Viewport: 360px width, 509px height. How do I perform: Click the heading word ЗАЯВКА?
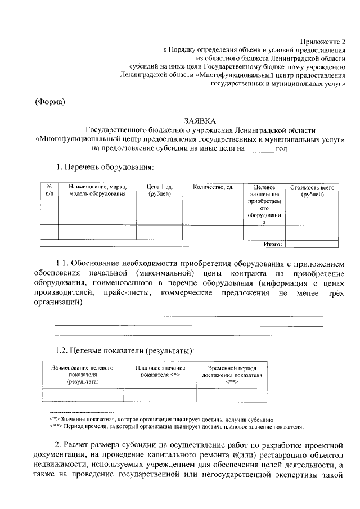click(200, 120)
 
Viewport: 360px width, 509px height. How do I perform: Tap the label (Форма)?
click(50, 102)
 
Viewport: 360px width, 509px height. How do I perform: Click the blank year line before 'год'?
click(260, 148)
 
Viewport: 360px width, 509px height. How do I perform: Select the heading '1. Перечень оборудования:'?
click(104, 168)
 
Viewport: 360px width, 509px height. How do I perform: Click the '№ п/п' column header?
click(49, 191)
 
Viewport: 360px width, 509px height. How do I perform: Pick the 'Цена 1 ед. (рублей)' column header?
click(159, 191)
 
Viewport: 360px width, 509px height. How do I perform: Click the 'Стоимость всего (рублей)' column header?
click(312, 191)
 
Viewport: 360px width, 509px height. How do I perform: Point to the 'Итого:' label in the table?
click(273, 244)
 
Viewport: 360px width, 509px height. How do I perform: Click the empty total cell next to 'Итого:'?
click(312, 244)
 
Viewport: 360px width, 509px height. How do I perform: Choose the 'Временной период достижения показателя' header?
click(232, 374)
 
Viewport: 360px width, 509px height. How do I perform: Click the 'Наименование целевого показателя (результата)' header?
click(82, 374)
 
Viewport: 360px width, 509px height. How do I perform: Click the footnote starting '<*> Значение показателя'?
click(162, 420)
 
